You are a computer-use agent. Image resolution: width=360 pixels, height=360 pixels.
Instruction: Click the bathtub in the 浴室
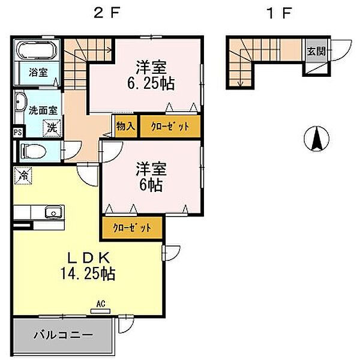(37, 50)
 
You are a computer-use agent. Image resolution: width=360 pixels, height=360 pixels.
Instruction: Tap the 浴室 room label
(38, 73)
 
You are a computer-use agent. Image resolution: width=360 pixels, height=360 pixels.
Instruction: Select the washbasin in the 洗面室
(19, 102)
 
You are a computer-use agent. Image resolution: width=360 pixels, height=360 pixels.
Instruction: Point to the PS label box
(17, 133)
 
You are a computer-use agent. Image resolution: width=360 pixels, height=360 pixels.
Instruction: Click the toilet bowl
(33, 152)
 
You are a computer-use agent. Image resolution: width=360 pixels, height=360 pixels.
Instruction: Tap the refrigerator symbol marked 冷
(23, 176)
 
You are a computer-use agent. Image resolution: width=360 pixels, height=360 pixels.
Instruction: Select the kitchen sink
(54, 212)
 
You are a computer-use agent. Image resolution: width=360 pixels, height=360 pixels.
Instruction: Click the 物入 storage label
(125, 126)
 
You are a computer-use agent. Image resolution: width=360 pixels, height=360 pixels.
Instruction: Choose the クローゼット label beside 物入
(170, 127)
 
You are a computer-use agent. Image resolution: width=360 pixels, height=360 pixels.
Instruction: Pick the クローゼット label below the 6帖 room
(132, 228)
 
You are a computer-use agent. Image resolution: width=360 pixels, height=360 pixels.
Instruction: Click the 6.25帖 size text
(151, 83)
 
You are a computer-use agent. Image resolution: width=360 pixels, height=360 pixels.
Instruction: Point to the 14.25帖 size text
(88, 273)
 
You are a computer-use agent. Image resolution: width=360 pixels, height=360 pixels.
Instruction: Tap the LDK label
(88, 257)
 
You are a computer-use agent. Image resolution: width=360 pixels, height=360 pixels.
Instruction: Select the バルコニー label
(63, 335)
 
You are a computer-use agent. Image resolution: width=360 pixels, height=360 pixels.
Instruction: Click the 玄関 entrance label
(316, 52)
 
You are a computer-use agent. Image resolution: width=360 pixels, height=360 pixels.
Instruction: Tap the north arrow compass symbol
(316, 139)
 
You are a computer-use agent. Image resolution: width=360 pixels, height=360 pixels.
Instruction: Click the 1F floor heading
(279, 13)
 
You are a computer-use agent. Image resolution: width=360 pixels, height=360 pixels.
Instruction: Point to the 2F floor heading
(107, 13)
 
